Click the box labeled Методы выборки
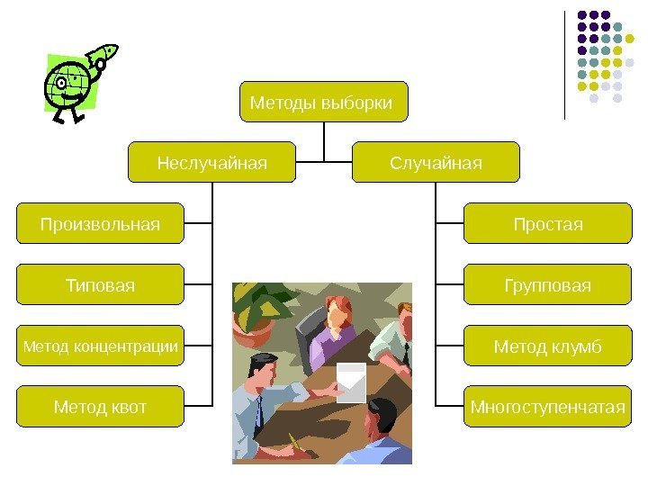pos(323,102)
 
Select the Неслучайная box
pos(212,162)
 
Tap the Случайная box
pos(436,162)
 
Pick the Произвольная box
pos(100,223)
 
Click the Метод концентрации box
pos(100,346)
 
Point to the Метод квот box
pos(100,407)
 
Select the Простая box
pos(547,223)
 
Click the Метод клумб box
pos(547,346)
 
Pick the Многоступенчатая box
pos(547,407)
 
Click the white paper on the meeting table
pos(351,382)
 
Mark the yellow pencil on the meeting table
pos(294,442)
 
